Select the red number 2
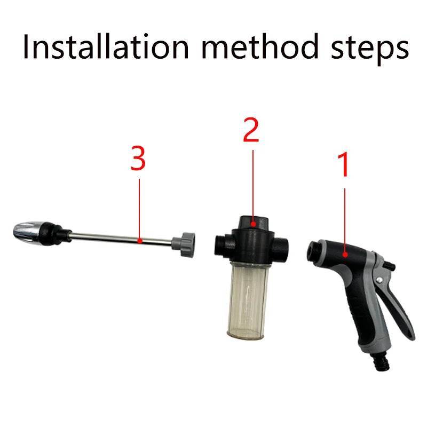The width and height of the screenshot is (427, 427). click(251, 130)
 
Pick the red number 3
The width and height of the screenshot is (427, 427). click(138, 159)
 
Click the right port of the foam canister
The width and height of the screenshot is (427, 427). click(284, 247)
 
